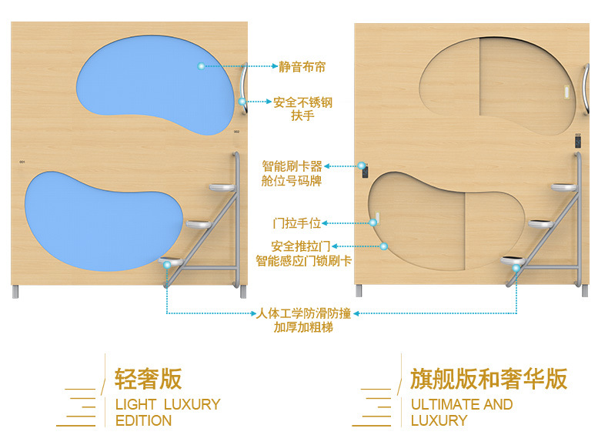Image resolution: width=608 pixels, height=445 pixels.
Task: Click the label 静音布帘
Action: pos(302,67)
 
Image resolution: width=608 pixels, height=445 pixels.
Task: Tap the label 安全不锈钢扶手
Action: pos(302,109)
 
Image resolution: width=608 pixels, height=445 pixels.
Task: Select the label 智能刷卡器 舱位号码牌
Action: pos(292,173)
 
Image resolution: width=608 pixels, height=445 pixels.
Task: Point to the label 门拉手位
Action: pos(297,223)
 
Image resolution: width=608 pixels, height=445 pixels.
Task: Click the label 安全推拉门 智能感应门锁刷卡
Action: pos(303,253)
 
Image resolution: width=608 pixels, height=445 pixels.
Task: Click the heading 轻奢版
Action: pos(148,379)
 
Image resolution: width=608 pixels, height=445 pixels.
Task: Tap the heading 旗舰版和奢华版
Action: pos(489,379)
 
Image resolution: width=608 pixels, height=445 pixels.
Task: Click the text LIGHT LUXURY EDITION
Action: pos(167,412)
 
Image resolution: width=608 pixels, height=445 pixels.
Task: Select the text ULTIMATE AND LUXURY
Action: pos(461,412)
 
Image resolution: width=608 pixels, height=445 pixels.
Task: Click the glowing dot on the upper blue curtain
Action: pos(202,67)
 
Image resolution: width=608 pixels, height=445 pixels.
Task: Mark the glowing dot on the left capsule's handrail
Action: pos(242,102)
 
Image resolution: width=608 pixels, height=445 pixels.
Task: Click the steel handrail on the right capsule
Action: pos(587,89)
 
